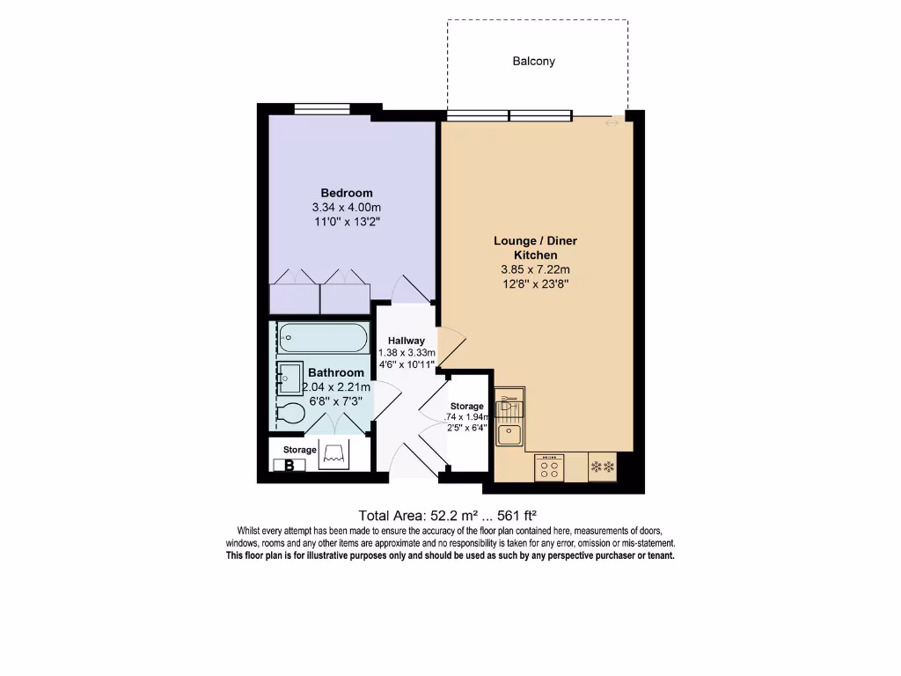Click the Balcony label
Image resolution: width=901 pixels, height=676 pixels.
point(534,62)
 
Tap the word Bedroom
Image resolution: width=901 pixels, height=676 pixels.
point(346,193)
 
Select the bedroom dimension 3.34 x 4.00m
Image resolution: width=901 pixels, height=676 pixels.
point(346,208)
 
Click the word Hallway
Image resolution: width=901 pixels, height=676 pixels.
point(407,341)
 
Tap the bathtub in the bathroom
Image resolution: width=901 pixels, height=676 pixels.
point(322,338)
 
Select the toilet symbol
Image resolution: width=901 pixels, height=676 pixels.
point(289,413)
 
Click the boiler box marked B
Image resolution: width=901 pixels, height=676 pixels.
point(289,466)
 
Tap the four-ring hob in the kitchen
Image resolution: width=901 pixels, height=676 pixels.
point(550,467)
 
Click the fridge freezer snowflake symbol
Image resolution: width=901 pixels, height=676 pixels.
point(604,467)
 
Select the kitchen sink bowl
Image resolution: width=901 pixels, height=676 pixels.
point(508,434)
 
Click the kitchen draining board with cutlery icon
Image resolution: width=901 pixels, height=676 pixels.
point(508,406)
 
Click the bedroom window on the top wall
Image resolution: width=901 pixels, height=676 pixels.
point(322,109)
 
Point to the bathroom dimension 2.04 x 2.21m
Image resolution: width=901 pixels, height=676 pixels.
point(337,387)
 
